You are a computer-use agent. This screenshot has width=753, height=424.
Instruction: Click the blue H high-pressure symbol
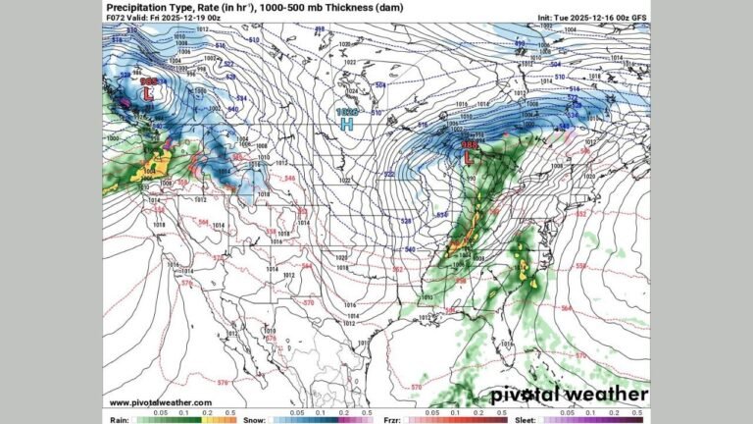346,126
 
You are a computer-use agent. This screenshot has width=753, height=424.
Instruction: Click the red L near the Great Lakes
468,157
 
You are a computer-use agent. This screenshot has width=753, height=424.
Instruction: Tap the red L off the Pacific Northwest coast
148,94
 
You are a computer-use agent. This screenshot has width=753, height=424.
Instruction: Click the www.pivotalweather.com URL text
160,402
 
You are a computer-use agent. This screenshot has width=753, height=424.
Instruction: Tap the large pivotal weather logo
569,395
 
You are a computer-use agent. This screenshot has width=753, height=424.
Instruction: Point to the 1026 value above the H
346,113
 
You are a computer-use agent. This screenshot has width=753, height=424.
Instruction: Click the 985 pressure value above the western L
148,81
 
